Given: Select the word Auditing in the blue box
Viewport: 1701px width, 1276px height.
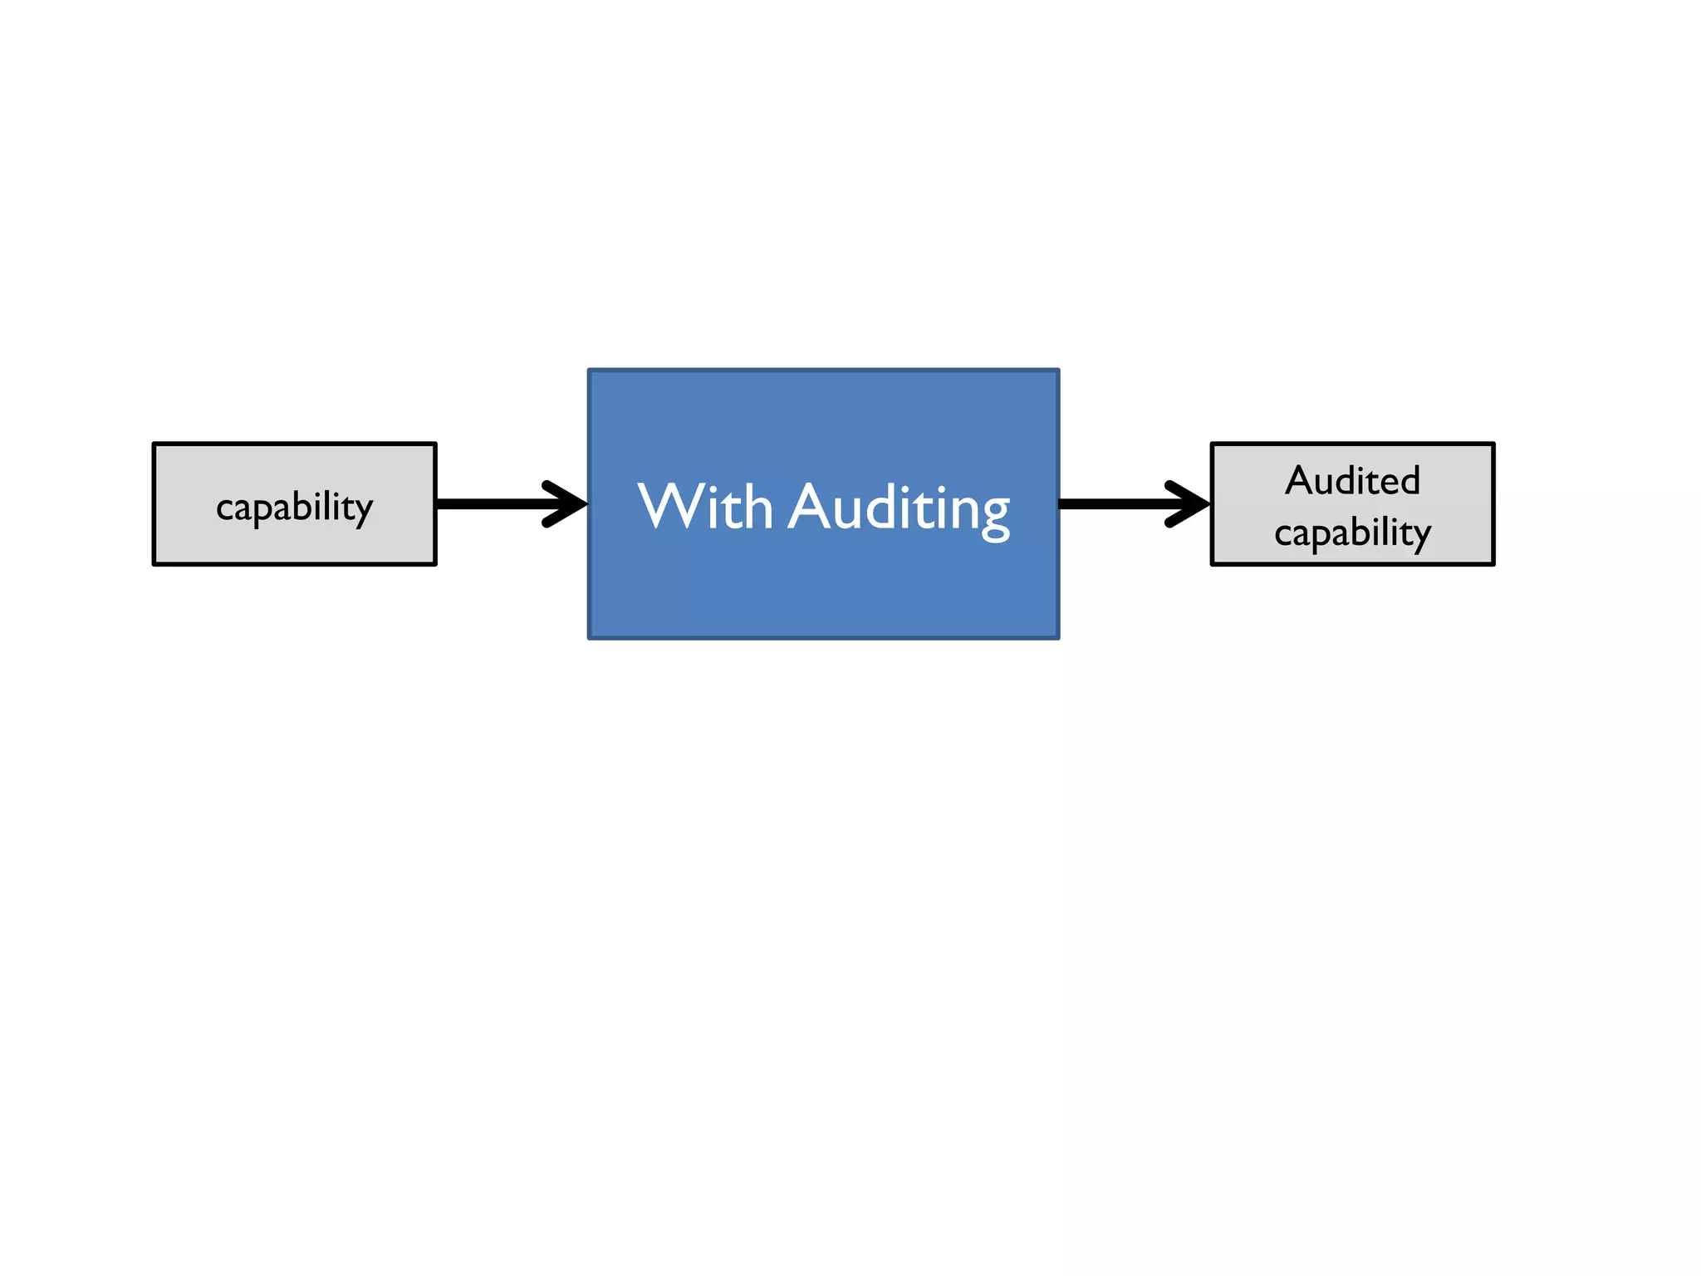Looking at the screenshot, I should click(900, 508).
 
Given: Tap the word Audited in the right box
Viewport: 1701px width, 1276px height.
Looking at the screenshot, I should click(1352, 480).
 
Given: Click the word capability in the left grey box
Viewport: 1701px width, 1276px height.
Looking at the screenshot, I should click(294, 507).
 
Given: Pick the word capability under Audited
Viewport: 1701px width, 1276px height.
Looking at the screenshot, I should click(1352, 532).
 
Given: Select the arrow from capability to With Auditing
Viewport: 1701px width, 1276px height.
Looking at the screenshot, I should click(511, 503).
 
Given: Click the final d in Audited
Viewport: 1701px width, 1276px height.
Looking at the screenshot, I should click(1409, 480).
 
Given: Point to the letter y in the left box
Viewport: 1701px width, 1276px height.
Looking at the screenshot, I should click(363, 511).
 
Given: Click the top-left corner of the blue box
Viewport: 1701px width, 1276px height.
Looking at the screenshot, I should click(589, 371).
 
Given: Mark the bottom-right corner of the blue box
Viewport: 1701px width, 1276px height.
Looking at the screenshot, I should click(1058, 637).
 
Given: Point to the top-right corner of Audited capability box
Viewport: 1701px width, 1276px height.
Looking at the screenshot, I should click(1493, 444).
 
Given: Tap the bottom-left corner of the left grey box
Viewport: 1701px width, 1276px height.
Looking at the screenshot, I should click(154, 564).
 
